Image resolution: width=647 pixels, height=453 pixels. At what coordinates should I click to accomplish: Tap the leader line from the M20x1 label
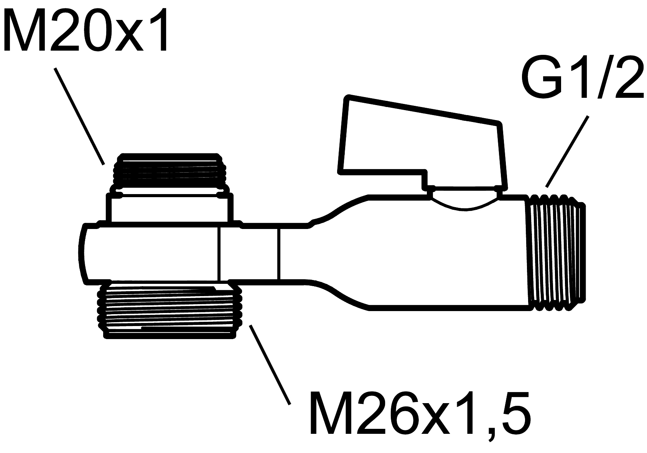pos(79,117)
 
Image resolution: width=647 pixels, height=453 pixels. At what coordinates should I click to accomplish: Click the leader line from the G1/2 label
pos(567,152)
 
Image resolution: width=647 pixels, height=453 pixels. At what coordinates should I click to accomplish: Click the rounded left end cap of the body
pos(84,254)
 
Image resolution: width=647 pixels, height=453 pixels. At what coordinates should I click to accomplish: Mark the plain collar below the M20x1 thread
pos(169,208)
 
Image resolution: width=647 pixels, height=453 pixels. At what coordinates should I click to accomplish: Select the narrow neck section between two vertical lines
pos(249,253)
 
